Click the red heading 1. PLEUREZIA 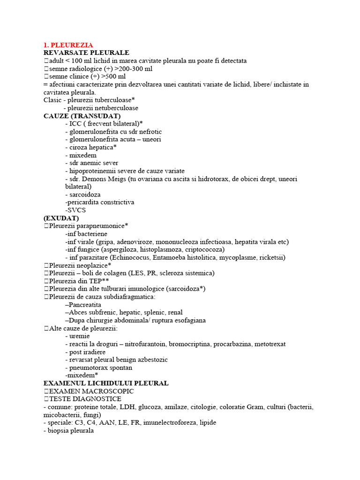pos(68,45)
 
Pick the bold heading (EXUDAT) pos(61,218)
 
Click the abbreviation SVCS pos(77,210)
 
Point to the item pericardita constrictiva pos(101,202)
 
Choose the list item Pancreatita pos(85,305)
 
